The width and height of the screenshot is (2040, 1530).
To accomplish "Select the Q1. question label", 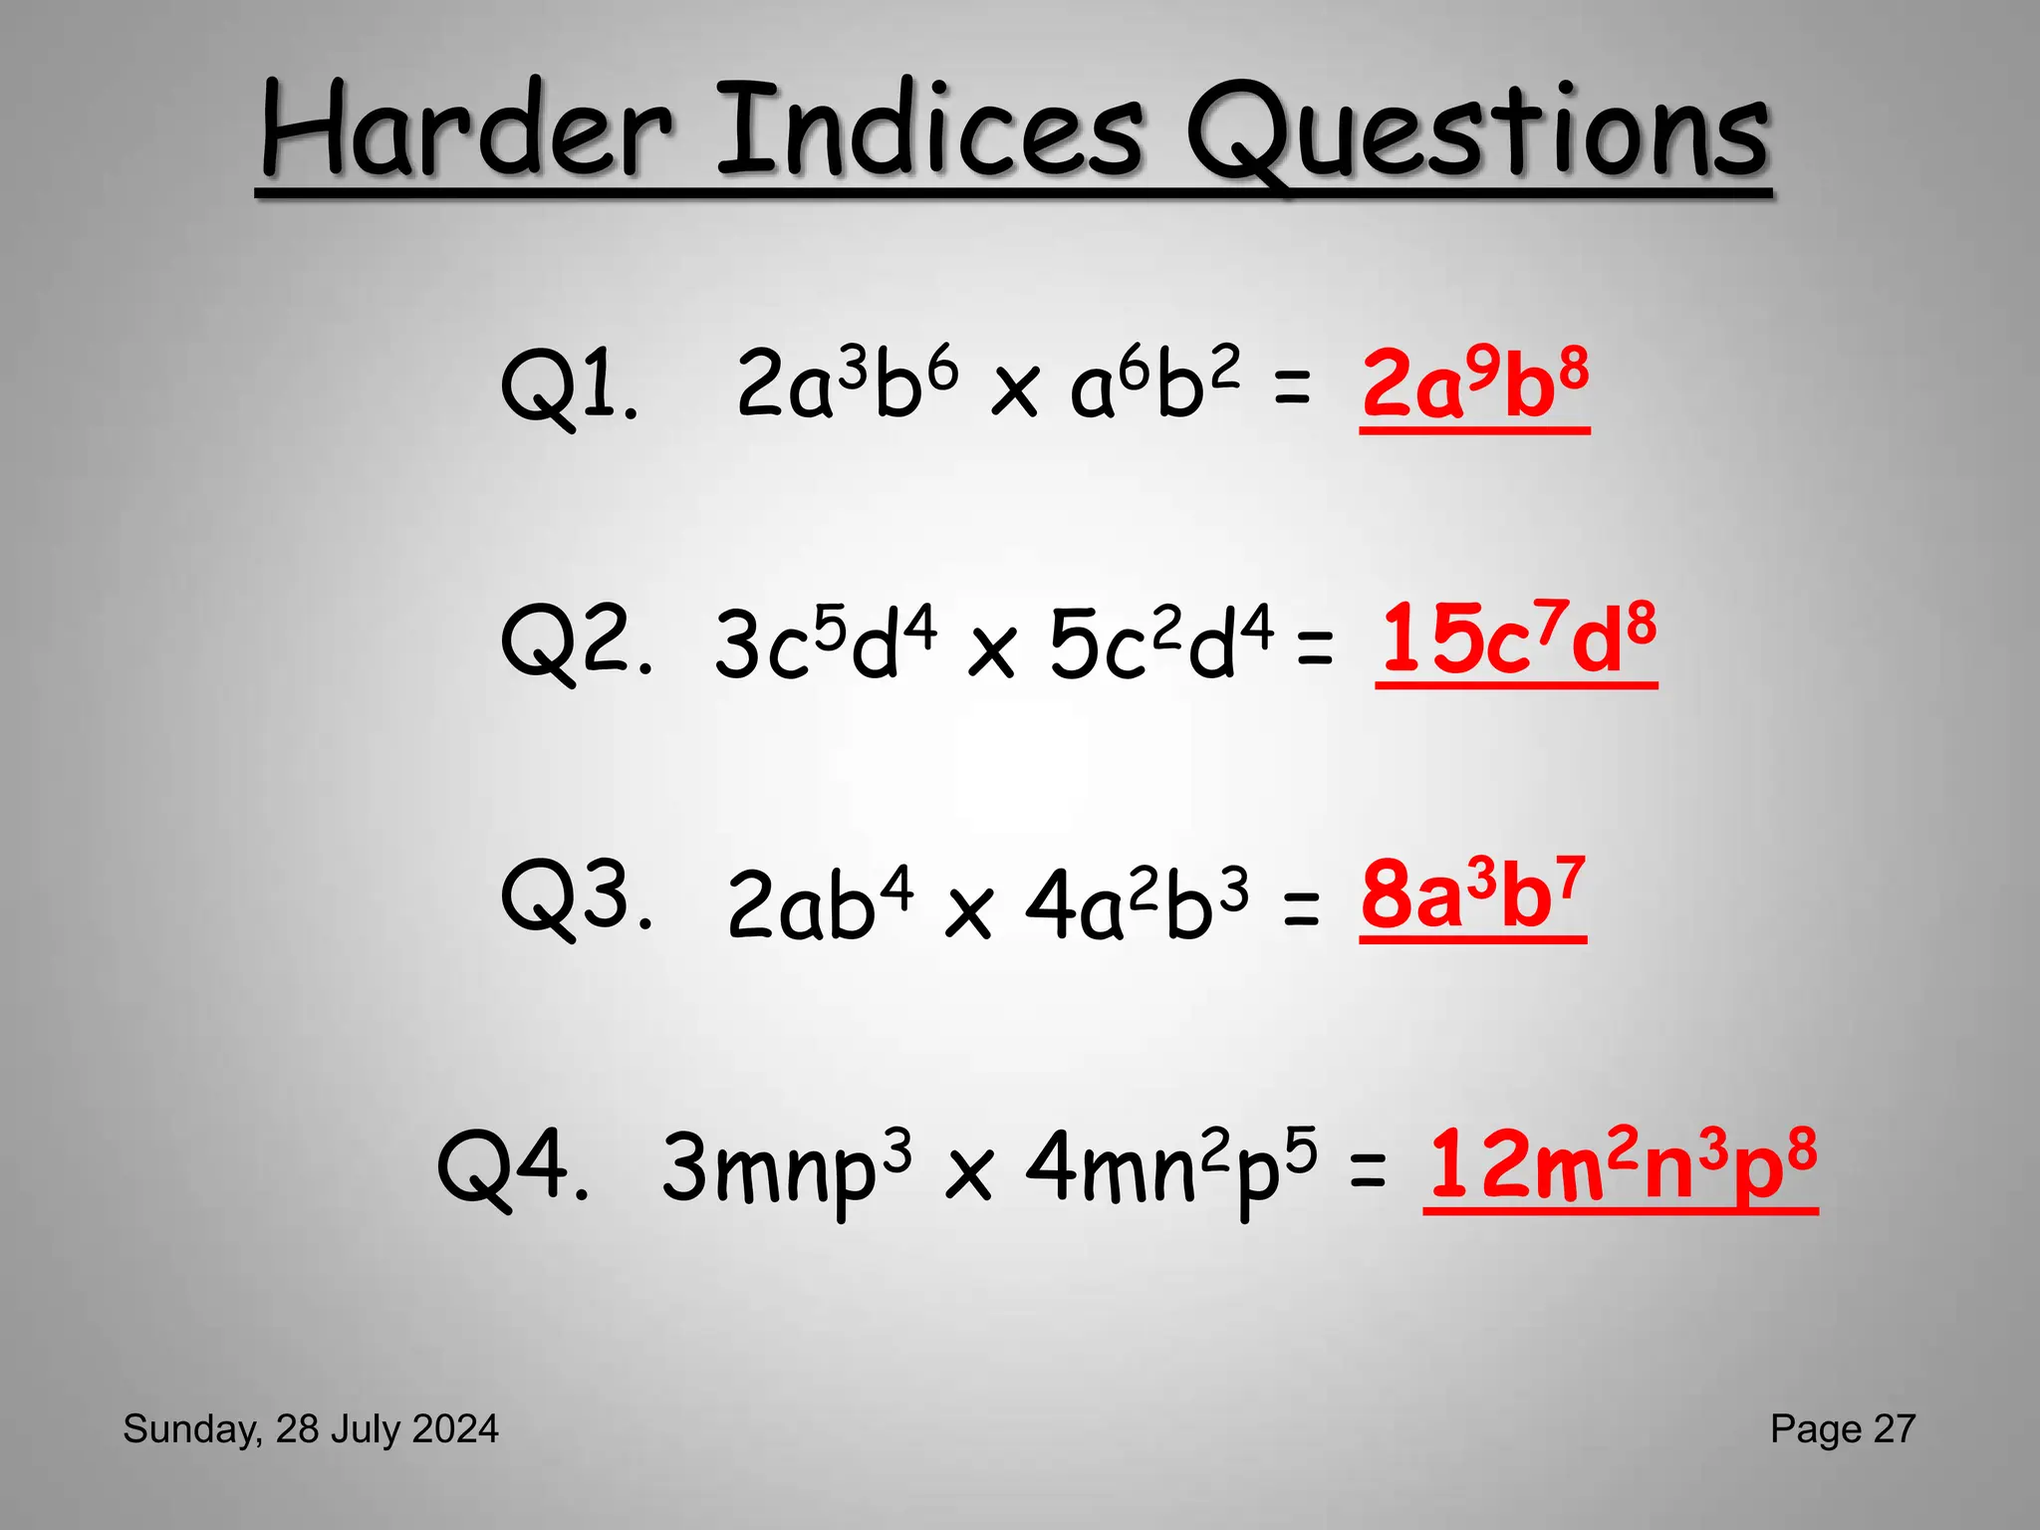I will [x=569, y=386].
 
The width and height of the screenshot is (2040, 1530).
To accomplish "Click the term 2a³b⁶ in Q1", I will [x=847, y=383].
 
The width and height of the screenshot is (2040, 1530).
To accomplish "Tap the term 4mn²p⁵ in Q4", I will [x=1170, y=1167].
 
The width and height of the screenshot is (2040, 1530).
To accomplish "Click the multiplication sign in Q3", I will [x=968, y=910].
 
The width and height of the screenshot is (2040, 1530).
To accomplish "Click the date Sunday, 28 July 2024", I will [x=311, y=1429].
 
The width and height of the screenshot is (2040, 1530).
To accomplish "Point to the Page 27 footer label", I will [x=1842, y=1429].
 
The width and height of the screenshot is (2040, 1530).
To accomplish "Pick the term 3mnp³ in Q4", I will [x=786, y=1167].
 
